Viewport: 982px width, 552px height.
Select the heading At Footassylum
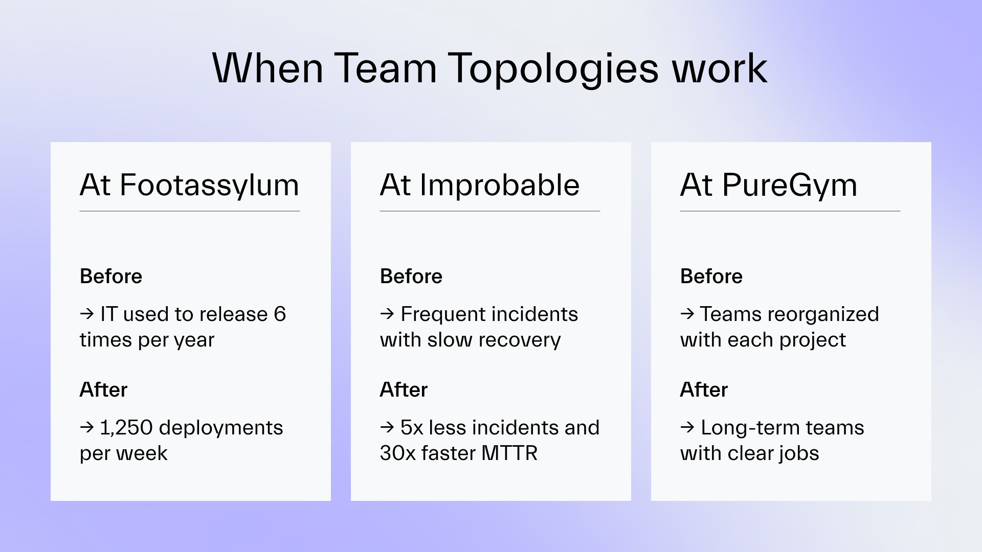click(189, 185)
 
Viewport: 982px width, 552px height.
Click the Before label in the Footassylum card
click(111, 277)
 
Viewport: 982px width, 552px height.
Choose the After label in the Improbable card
click(404, 390)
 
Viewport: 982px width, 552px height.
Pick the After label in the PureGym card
click(704, 390)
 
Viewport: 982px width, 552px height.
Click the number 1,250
click(126, 428)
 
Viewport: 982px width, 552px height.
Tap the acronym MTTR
click(509, 453)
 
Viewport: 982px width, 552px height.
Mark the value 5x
click(412, 428)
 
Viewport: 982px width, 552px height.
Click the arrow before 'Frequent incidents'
click(387, 314)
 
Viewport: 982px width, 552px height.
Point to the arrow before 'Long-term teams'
click(687, 427)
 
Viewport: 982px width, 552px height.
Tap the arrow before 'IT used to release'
click(87, 314)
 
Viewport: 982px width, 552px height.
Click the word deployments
click(221, 428)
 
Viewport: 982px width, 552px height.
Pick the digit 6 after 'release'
click(280, 314)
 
